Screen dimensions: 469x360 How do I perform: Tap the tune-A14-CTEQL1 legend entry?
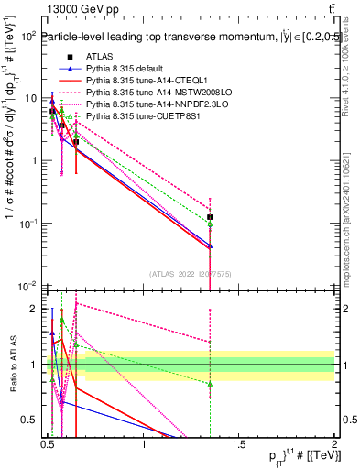(x=135, y=80)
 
